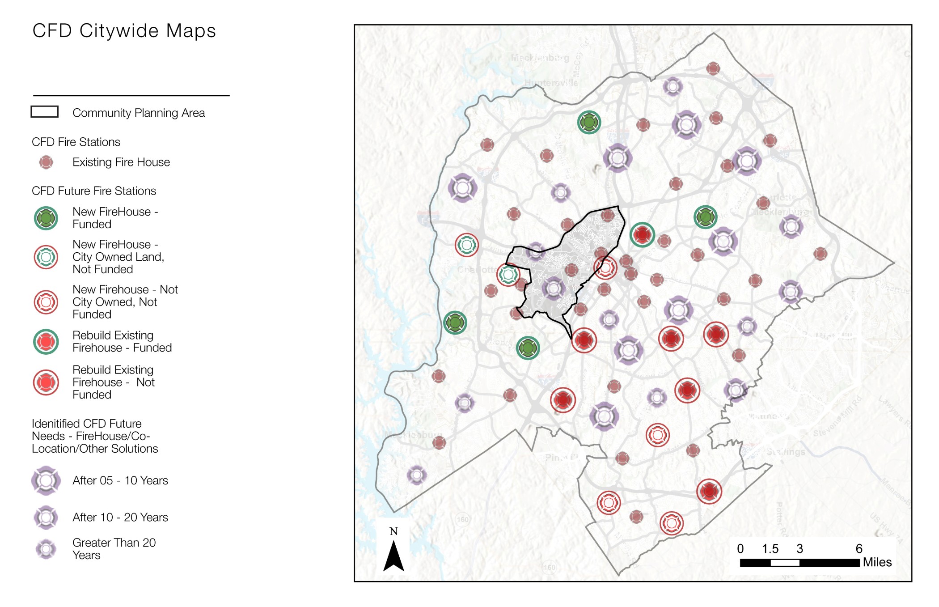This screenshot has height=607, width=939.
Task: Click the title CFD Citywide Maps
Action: coord(124,31)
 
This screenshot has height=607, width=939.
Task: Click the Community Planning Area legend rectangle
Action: coord(44,112)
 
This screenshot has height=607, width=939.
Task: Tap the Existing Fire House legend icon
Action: coord(46,162)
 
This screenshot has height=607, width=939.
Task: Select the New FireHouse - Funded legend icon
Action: coord(46,218)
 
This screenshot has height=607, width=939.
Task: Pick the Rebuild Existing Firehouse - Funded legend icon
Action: coord(46,342)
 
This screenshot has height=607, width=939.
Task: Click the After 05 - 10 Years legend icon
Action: coord(46,481)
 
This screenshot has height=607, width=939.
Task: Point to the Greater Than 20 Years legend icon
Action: coord(46,549)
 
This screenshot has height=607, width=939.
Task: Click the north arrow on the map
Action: coord(393,555)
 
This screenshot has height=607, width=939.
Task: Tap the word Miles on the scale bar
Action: coord(877,562)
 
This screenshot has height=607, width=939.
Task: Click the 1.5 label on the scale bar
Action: coord(770,549)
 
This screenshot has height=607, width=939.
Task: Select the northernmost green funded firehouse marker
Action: coord(589,122)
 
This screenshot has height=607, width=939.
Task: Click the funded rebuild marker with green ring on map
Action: coord(642,234)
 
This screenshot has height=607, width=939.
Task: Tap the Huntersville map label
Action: coord(551,83)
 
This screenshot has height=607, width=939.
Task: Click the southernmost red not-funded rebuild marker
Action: coord(709,491)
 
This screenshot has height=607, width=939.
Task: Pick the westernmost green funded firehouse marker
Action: coord(455,323)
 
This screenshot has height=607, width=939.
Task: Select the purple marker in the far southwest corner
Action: coord(417,475)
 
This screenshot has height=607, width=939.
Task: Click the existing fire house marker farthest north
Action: coord(713,68)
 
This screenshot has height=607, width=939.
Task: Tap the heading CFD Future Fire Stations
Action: coord(94,191)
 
